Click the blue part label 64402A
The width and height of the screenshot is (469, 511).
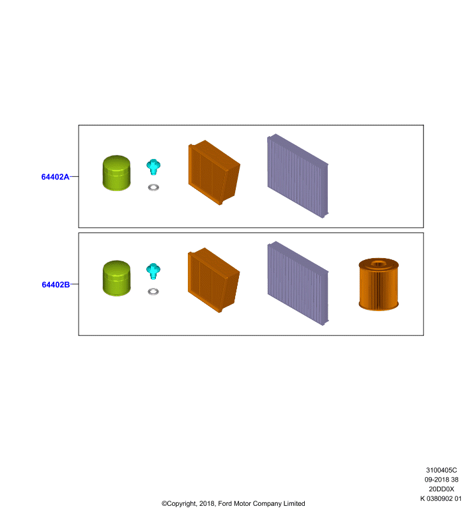pos(55,177)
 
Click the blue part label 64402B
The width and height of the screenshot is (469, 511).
pos(56,284)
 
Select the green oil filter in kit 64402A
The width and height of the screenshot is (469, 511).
pos(116,172)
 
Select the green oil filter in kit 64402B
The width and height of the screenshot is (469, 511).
pos(116,278)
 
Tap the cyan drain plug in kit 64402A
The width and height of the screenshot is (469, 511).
pos(153,167)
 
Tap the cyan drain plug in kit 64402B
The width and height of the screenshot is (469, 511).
pos(153,271)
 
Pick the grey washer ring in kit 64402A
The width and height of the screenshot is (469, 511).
pos(153,187)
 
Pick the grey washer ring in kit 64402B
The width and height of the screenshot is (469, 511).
pos(153,291)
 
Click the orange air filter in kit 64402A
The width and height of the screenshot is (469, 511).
pos(214,172)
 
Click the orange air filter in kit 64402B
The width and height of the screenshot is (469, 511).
pos(213,280)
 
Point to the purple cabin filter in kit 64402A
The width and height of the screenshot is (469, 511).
pos(298,176)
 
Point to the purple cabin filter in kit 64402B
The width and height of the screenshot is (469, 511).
pos(298,283)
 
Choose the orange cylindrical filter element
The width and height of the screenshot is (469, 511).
pos(379,284)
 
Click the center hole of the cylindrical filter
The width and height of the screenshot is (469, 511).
pos(378,263)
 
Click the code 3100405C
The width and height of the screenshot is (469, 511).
pos(442,470)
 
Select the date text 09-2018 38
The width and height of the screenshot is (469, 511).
pos(442,480)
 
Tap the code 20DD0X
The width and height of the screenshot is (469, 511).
pos(442,489)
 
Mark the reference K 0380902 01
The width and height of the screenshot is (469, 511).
pos(441,498)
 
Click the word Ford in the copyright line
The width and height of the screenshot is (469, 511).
pos(225,503)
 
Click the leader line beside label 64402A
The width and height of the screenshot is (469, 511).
pos(74,177)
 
